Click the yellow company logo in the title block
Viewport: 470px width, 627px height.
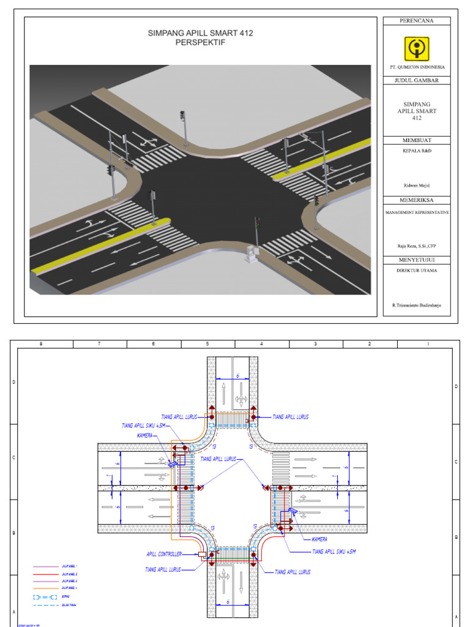(416, 48)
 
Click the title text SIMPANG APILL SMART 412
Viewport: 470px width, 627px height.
(200, 33)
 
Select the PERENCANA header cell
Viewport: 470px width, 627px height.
(416, 21)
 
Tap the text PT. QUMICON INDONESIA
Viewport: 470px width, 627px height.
(416, 67)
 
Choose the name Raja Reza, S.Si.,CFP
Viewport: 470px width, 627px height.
(417, 246)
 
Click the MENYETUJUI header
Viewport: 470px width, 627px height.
(416, 260)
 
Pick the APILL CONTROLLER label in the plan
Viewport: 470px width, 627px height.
(164, 554)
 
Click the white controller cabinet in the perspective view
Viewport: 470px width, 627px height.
(250, 253)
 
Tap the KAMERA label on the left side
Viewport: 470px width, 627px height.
(145, 436)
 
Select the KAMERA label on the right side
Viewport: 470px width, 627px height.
(318, 539)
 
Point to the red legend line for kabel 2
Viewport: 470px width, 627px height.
(47, 575)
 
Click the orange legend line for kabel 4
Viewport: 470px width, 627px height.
(47, 588)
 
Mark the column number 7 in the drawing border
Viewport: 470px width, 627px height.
(99, 344)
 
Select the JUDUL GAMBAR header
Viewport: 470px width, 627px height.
(416, 80)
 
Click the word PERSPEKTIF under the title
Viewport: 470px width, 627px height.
(200, 43)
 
